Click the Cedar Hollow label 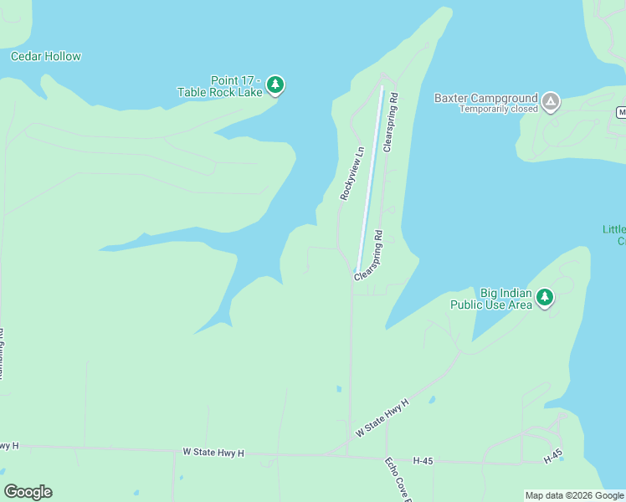[46, 57]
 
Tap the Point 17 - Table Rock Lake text [220, 85]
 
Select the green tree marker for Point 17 [276, 85]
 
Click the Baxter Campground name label [486, 98]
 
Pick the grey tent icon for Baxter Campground [550, 102]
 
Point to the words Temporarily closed [499, 110]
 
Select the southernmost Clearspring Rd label [369, 254]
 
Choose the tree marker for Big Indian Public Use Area [545, 297]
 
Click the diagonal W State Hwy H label [382, 417]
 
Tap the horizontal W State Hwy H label [213, 453]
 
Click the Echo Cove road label [398, 478]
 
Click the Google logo [28, 492]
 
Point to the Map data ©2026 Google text [574, 495]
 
